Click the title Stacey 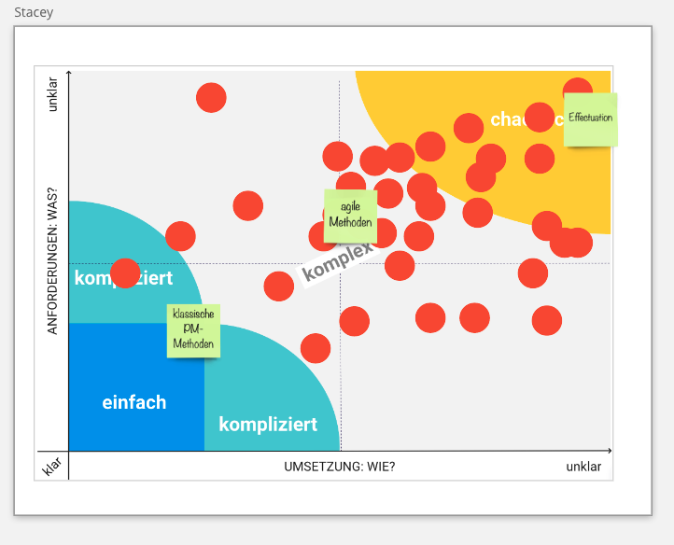34,13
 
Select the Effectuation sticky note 590,119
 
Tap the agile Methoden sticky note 350,216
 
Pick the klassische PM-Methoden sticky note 193,330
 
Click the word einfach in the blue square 134,402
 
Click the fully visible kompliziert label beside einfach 268,425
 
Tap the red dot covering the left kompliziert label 125,273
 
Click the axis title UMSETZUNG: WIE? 339,467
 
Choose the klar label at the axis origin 51,466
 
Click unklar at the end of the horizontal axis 583,467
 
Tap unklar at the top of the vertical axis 53,92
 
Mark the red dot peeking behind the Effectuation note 578,88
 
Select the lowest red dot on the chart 316,348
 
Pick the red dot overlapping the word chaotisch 540,117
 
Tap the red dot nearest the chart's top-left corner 211,97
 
